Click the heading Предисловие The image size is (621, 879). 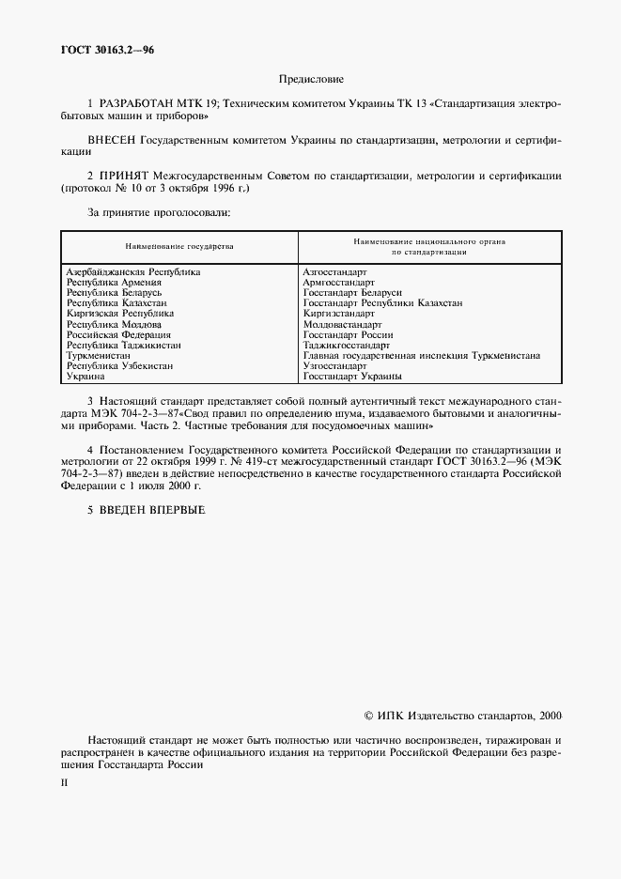[311, 79]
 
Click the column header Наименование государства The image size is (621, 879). [179, 246]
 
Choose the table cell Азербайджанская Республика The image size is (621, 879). [132, 271]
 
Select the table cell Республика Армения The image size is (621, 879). [114, 282]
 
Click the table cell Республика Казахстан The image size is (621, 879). [116, 303]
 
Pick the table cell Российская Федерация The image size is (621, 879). [118, 334]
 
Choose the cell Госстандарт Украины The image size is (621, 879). [352, 377]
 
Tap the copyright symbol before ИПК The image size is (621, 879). [368, 716]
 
